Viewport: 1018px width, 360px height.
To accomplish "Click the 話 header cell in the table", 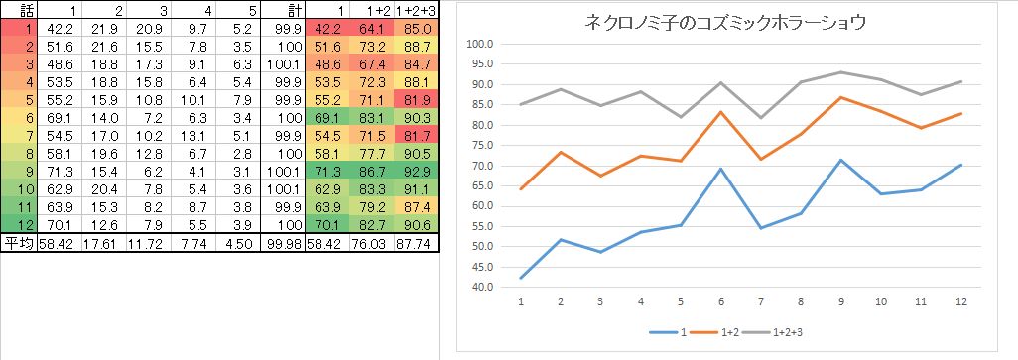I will pos(18,9).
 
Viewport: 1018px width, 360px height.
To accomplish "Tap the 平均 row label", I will pos(18,244).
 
